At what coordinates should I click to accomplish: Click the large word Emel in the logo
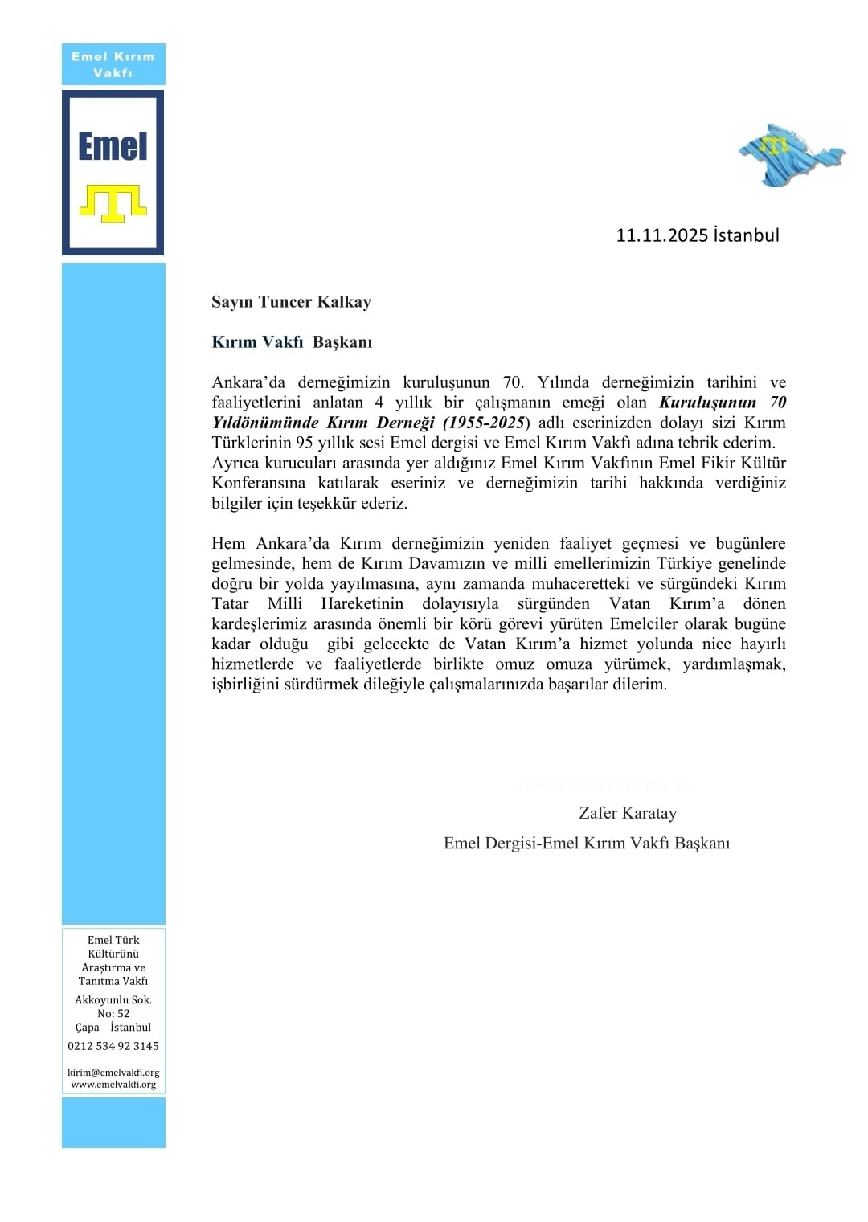113,146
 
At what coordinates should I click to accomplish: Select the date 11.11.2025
661,235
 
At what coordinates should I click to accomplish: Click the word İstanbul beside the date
746,235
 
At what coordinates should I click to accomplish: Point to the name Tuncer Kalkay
314,302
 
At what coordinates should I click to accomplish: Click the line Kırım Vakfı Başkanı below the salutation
292,342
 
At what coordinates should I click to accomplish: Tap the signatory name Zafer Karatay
628,813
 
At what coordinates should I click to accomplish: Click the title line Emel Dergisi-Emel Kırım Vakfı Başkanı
587,843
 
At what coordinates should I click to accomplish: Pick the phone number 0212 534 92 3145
113,1046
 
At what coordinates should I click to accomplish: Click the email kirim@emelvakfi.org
113,1073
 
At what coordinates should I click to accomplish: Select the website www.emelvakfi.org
113,1085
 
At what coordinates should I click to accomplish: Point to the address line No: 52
113,1014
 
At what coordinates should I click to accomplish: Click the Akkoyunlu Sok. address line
113,1000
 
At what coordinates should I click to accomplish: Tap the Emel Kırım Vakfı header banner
113,64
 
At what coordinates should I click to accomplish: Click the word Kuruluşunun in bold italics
708,403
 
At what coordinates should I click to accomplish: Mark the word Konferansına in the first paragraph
259,483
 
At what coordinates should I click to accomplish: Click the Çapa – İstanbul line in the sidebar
113,1028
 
